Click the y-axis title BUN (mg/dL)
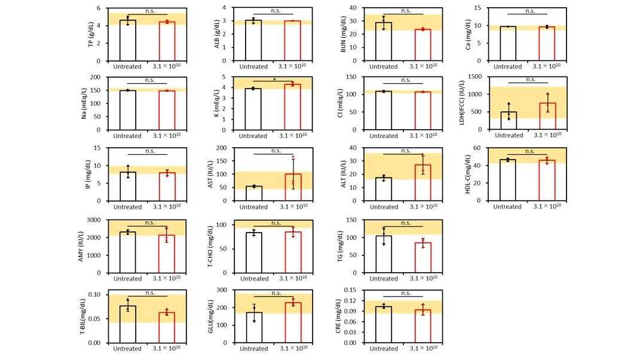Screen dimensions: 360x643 point(344,35)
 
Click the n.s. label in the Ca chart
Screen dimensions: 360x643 point(529,11)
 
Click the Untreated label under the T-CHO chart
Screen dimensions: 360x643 point(253,279)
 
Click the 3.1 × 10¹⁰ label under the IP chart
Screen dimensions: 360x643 point(167,207)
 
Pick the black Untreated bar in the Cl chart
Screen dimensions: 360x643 point(383,110)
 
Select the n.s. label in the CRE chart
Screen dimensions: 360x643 point(405,293)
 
